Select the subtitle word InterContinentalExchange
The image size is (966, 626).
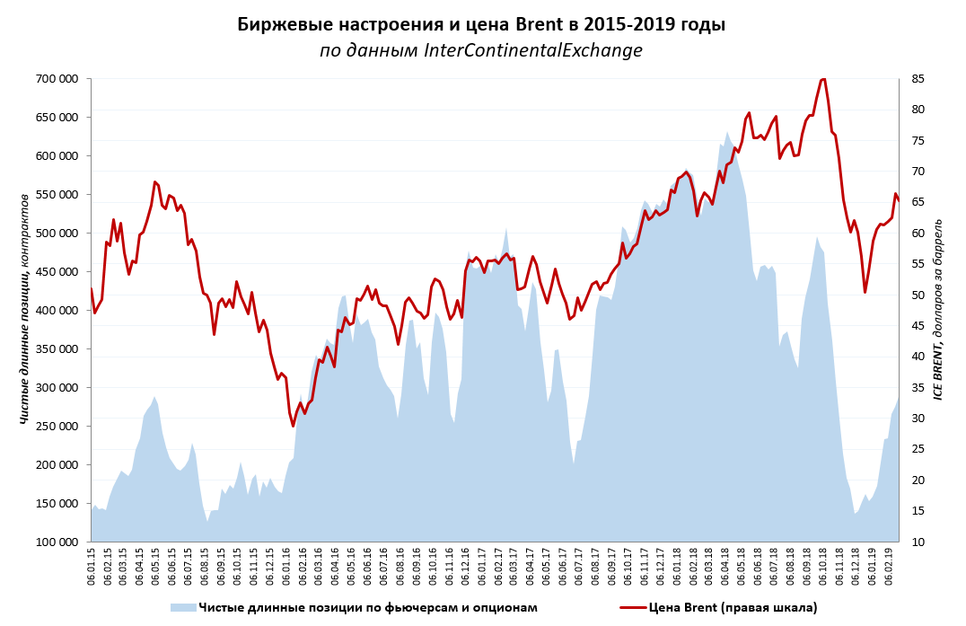pyautogui.click(x=533, y=50)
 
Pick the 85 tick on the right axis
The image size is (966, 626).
pyautogui.click(x=918, y=79)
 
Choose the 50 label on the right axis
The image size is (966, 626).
pyautogui.click(x=918, y=295)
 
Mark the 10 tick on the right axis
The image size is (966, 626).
pyautogui.click(x=918, y=542)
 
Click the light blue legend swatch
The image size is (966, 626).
pyautogui.click(x=182, y=608)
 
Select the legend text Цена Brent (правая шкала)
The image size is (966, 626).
pyautogui.click(x=733, y=608)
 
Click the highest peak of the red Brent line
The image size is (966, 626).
pyautogui.click(x=823, y=79)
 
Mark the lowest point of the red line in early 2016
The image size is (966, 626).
pyautogui.click(x=293, y=426)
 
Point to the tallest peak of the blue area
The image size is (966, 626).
pyautogui.click(x=727, y=132)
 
